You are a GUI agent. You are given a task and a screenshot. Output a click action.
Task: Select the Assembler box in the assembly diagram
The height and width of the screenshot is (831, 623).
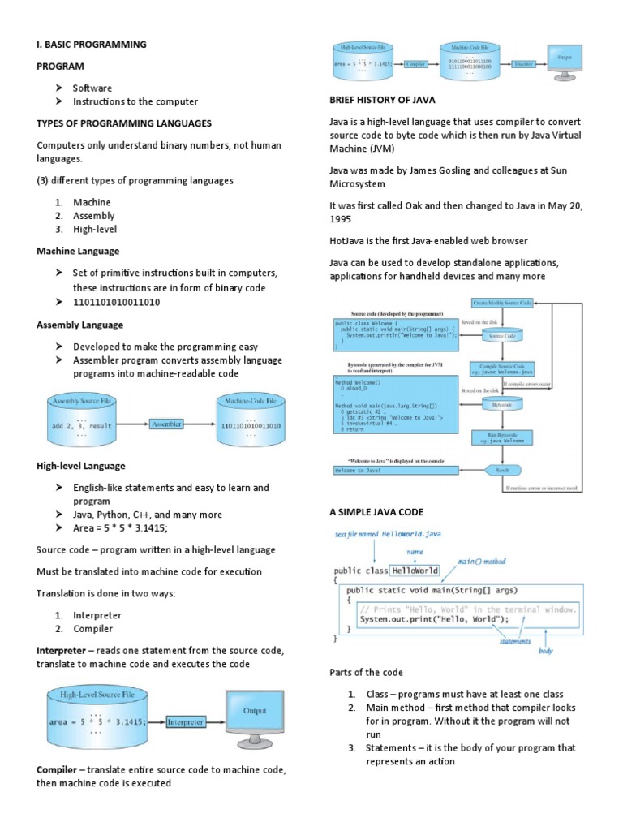(x=166, y=423)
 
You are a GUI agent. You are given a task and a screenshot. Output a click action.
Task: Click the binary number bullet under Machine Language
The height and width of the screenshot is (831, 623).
(x=116, y=302)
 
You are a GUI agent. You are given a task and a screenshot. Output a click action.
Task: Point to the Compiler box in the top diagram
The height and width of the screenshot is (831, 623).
(x=416, y=62)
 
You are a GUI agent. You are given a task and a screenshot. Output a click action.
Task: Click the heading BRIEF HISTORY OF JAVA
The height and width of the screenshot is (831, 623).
(x=382, y=100)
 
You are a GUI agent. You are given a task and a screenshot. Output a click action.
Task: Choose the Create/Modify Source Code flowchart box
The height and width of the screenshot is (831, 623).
(x=502, y=302)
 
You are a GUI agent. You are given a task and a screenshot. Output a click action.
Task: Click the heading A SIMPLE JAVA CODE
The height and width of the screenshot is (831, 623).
(x=376, y=512)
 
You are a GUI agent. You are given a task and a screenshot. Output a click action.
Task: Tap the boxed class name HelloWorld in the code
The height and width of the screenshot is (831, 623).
(x=415, y=571)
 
